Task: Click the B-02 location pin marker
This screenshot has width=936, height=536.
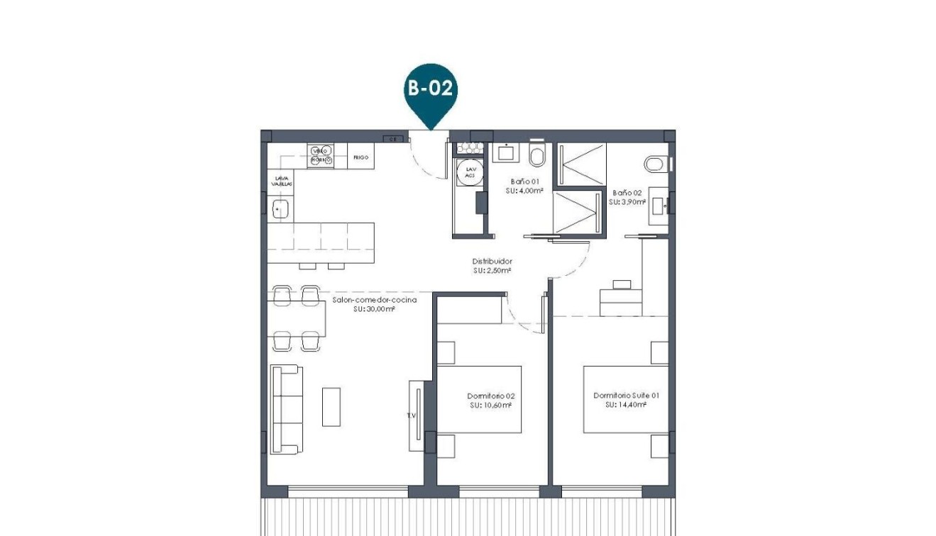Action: click(x=430, y=90)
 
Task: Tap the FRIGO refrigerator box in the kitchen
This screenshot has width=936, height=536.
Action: click(x=360, y=157)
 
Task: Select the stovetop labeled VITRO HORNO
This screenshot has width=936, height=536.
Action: click(x=319, y=155)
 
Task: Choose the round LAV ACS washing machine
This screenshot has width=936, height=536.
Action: click(x=466, y=171)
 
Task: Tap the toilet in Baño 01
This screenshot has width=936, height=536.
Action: click(x=536, y=154)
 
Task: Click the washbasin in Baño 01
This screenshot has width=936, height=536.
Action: click(x=507, y=153)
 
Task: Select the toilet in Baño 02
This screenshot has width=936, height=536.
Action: click(x=656, y=164)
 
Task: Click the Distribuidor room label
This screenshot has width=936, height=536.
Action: click(x=492, y=261)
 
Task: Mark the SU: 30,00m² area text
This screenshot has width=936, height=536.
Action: click(x=373, y=309)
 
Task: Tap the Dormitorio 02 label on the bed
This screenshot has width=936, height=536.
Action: click(x=490, y=396)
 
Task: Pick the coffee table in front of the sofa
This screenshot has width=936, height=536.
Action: click(x=331, y=406)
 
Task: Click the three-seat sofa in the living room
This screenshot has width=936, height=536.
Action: click(x=287, y=409)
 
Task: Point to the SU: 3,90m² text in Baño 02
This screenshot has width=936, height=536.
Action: click(x=627, y=201)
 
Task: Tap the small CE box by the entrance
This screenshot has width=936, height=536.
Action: click(x=392, y=140)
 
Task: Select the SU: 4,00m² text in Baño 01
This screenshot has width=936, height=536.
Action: click(x=524, y=191)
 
